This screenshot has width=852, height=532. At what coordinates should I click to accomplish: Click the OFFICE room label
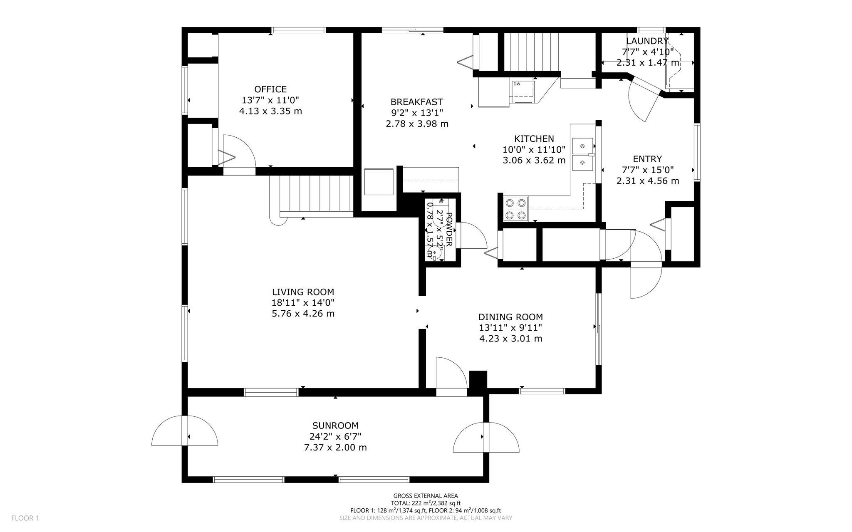click(270, 89)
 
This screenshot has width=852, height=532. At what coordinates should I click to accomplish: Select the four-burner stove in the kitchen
click(515, 209)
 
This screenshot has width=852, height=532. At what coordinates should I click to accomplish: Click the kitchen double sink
click(583, 154)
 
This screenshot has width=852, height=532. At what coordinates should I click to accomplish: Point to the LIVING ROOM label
click(303, 292)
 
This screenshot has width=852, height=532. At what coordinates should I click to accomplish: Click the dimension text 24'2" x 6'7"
click(335, 436)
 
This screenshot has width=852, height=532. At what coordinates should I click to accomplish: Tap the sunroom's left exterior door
click(184, 431)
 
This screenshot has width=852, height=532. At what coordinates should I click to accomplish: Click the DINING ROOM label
click(510, 317)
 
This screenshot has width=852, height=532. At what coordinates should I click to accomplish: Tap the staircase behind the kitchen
click(531, 52)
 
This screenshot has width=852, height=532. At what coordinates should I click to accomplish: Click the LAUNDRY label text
click(647, 41)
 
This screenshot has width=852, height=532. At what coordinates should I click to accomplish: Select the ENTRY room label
click(647, 159)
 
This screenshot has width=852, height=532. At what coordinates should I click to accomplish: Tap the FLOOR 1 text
click(25, 518)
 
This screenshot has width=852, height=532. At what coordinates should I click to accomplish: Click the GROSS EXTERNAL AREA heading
click(426, 495)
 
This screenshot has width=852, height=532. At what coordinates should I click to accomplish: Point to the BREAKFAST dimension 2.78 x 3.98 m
click(417, 124)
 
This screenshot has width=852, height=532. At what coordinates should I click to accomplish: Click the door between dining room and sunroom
click(451, 374)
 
